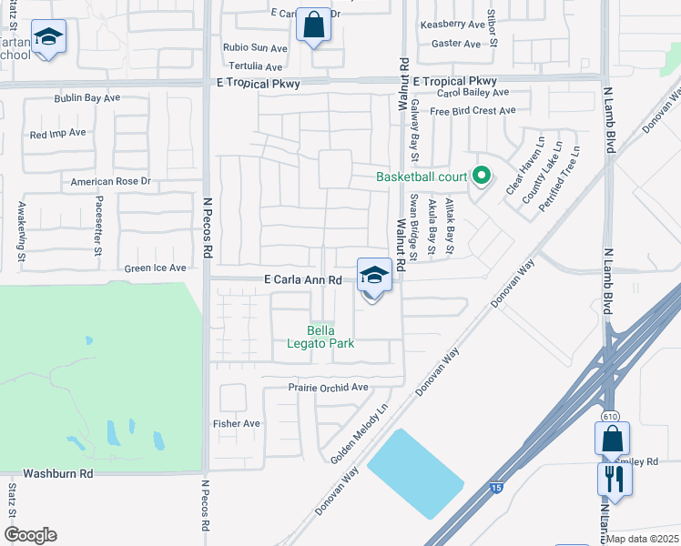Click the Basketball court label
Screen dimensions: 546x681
422,177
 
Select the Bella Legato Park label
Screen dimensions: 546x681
330,336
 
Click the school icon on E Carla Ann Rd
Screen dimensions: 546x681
374,274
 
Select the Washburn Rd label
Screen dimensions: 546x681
58,474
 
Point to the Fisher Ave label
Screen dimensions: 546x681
237,423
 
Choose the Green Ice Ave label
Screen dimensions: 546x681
155,268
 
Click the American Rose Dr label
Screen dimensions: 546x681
110,182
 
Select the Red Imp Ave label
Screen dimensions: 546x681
57,133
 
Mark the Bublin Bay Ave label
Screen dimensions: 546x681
87,98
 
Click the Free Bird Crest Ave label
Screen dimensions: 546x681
473,111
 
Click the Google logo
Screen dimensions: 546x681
31,535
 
